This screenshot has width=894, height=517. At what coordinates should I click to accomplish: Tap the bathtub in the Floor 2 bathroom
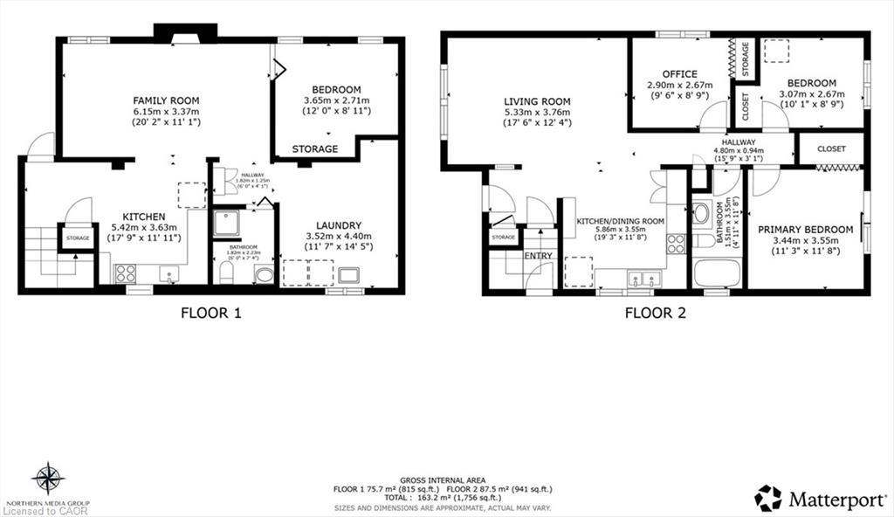tap(717, 272)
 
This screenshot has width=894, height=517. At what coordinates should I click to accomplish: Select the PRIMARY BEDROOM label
tap(805, 230)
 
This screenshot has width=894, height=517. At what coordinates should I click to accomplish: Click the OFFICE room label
tap(678, 74)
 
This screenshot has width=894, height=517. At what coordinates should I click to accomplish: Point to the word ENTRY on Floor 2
tap(538, 255)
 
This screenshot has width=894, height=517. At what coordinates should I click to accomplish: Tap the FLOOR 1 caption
tap(210, 313)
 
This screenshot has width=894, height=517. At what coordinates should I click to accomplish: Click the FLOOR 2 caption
tap(654, 313)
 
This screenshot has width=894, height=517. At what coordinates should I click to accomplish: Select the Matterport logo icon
tap(768, 498)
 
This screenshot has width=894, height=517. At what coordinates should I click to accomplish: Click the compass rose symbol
tap(49, 479)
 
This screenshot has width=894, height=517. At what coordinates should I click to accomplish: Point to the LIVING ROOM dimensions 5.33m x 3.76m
tap(537, 112)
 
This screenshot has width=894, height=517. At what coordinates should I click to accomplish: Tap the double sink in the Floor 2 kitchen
tap(644, 278)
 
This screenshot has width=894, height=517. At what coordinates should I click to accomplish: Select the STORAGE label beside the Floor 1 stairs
tap(78, 237)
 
